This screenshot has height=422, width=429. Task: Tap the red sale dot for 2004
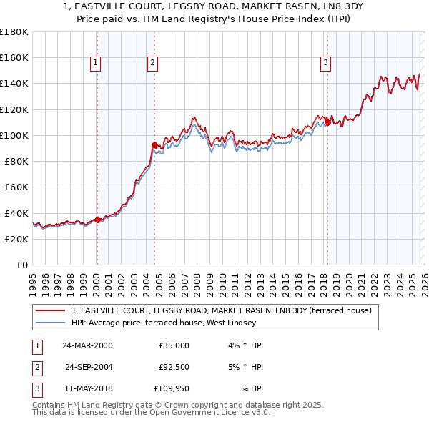[x=154, y=144]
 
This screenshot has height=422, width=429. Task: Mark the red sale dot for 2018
[x=327, y=122]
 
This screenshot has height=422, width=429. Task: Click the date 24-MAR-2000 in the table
[x=87, y=345]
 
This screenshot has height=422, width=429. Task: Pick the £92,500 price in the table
[x=174, y=367]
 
